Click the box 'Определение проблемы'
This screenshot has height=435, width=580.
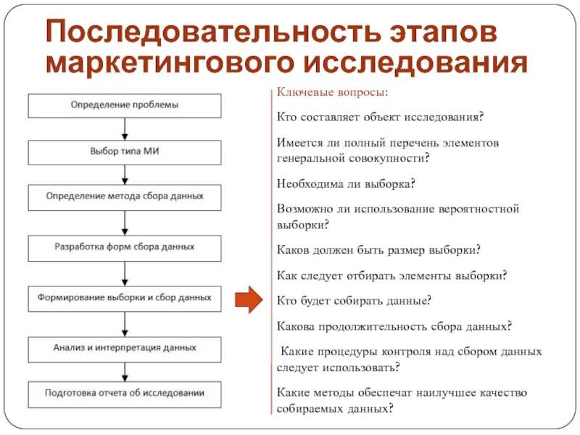[x=125, y=106]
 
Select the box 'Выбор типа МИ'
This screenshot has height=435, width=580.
[x=125, y=152]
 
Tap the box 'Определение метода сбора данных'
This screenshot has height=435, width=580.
[x=125, y=198]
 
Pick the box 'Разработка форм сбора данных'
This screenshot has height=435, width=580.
[x=125, y=248]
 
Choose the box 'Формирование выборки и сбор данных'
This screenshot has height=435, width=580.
[x=125, y=299]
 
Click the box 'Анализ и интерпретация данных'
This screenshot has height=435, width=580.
[x=125, y=349]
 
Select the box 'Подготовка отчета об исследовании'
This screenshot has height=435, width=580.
[x=125, y=394]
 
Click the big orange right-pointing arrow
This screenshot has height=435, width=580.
[x=249, y=299]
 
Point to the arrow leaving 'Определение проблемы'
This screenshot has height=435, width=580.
[x=125, y=129]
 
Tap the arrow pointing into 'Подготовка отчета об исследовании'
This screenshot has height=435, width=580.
[x=125, y=372]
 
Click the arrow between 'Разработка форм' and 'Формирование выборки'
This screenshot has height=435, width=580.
[x=125, y=274]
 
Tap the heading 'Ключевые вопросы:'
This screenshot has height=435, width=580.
[x=333, y=92]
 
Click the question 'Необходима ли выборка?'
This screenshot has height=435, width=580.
[x=346, y=183]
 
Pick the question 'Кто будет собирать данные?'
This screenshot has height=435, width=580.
[x=354, y=300]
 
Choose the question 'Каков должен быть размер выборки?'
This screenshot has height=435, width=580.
[x=378, y=250]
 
